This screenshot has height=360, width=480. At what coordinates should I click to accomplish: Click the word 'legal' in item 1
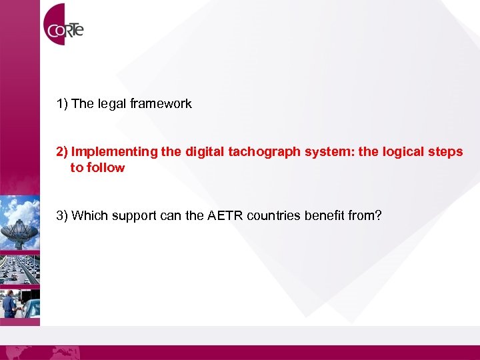(112, 104)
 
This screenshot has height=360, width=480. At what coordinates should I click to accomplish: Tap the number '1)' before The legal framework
(62, 104)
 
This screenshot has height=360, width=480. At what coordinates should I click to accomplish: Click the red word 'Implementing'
(115, 152)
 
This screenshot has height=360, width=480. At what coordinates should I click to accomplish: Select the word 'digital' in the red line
(204, 152)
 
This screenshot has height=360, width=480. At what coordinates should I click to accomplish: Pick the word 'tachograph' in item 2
(262, 152)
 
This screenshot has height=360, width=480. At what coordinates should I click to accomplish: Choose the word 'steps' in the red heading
(445, 152)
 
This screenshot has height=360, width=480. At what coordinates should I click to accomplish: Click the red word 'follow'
(105, 168)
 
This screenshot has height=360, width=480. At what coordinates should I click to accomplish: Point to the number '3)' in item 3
(62, 215)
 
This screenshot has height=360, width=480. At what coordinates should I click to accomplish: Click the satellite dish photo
(20, 223)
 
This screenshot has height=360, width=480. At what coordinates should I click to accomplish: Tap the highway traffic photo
(20, 267)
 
